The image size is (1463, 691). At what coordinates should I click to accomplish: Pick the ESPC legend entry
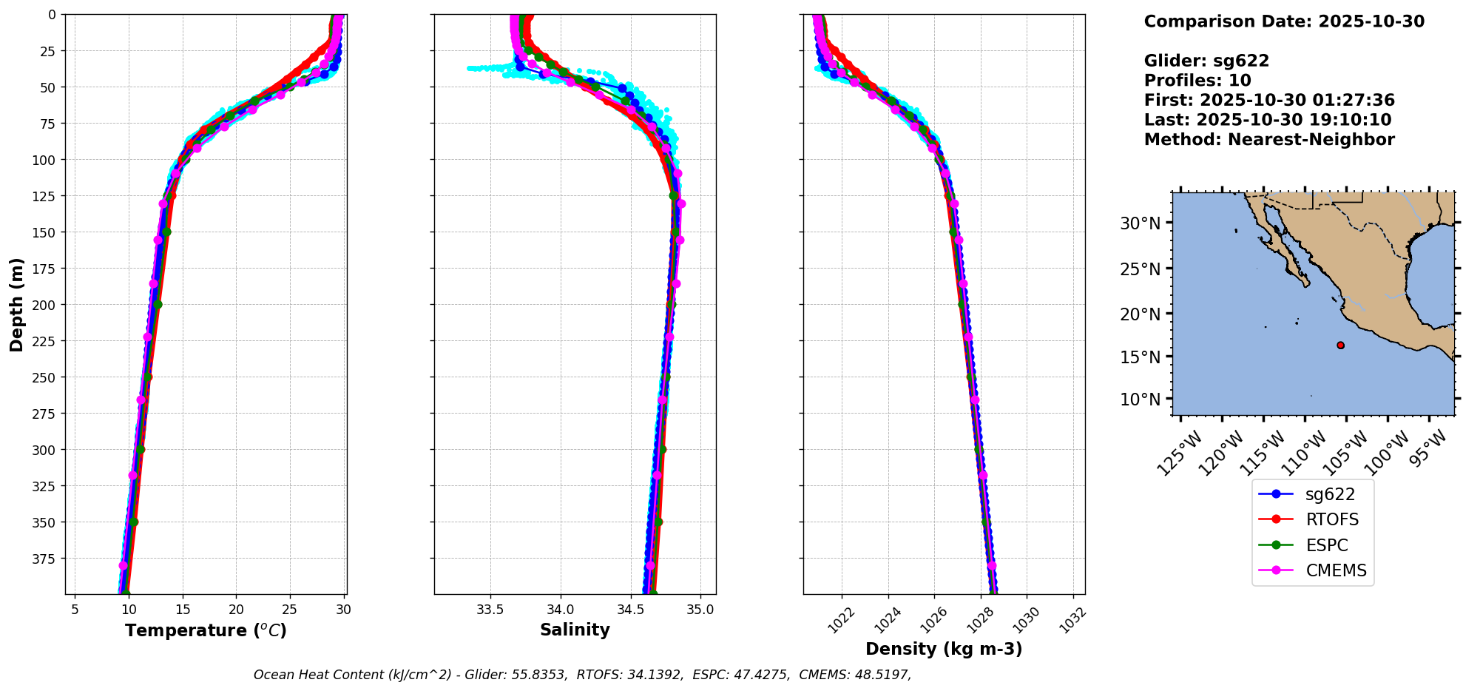[x=1326, y=545]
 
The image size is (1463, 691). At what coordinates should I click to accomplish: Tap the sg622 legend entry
[x=1330, y=494]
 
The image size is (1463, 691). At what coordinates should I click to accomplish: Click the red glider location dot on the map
[x=1340, y=345]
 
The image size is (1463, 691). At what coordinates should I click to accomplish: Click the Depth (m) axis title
[x=17, y=305]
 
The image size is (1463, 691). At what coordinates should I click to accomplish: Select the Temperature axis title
[x=206, y=630]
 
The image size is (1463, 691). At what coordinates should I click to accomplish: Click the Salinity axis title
[x=575, y=630]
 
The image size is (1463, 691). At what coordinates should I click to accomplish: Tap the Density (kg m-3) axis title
[x=944, y=649]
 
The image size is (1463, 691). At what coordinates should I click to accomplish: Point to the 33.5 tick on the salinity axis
[x=490, y=610]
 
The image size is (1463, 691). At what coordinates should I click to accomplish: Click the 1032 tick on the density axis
[x=1072, y=620]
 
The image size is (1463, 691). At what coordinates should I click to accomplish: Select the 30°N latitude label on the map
[x=1140, y=223]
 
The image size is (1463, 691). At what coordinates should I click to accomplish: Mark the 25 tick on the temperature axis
[x=290, y=610]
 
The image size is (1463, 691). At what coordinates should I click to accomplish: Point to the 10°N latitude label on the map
[x=1140, y=400]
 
